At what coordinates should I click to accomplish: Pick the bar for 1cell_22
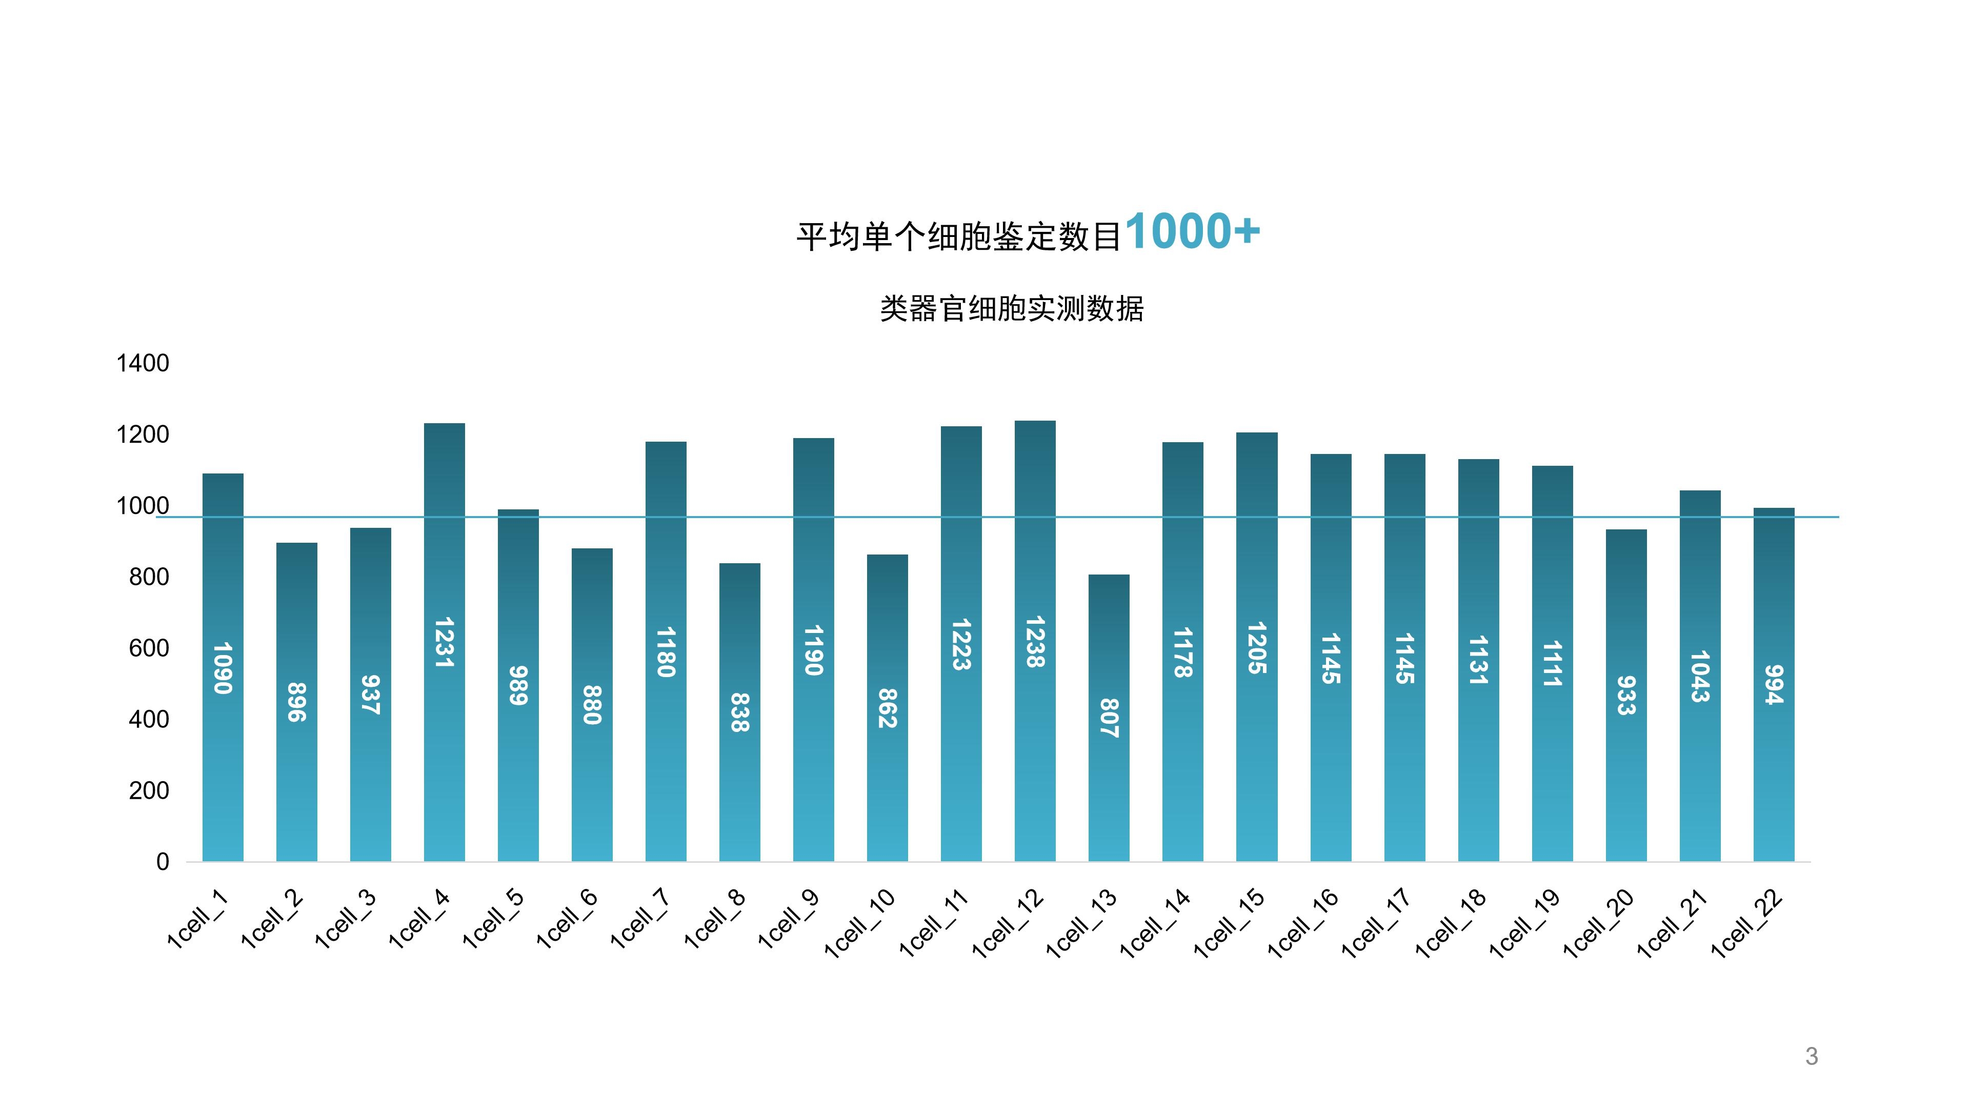[x=1773, y=765]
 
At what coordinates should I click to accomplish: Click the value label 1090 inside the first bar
[x=223, y=667]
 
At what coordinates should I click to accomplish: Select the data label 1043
[x=1699, y=676]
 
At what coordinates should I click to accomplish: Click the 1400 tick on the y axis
[x=143, y=363]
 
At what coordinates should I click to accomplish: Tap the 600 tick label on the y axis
[x=149, y=648]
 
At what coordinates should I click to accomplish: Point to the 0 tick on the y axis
[x=163, y=862]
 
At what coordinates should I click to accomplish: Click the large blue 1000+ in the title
[x=1192, y=231]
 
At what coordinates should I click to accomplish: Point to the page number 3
[x=1811, y=1056]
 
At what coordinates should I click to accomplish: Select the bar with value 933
[x=1626, y=765]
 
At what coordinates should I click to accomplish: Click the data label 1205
[x=1257, y=648]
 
